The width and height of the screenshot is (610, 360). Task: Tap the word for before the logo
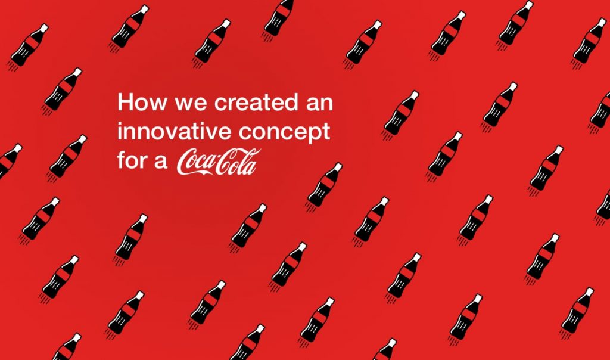pos(133,160)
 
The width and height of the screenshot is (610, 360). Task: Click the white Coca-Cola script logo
pos(218,163)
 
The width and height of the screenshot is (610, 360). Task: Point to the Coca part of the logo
pos(198,163)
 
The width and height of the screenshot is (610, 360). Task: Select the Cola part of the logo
pos(239,163)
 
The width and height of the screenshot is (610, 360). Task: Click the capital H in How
pos(125,102)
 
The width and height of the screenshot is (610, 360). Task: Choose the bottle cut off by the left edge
pos(8,159)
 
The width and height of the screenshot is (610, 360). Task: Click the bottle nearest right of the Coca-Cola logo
pos(324,185)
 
